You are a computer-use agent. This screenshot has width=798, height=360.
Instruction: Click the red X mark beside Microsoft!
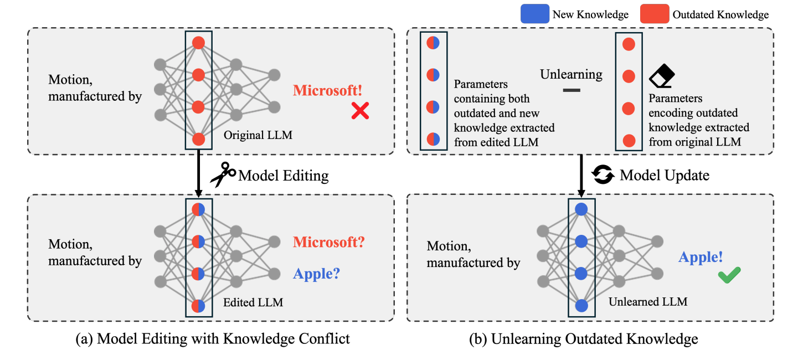(x=360, y=112)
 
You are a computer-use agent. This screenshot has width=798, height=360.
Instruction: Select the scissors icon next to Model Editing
(x=222, y=176)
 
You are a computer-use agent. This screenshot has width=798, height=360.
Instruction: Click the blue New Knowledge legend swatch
(x=534, y=14)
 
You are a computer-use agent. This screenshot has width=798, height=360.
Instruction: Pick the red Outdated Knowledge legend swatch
(x=654, y=14)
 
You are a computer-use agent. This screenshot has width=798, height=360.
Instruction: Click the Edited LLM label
(x=253, y=302)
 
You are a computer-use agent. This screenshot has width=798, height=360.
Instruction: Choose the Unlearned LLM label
(x=648, y=302)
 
